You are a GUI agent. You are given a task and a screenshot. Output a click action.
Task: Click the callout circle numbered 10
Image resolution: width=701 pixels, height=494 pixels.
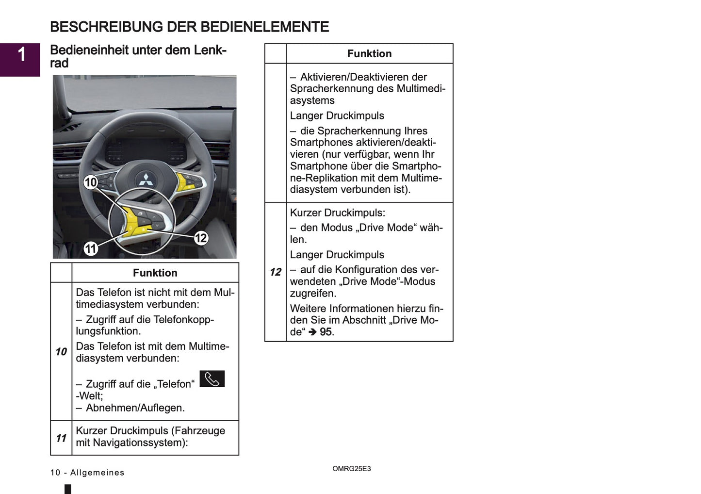[91, 182]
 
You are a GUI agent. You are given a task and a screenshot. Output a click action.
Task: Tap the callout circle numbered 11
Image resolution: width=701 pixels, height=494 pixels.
[91, 249]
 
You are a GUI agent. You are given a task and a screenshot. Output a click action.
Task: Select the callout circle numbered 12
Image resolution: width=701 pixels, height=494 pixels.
[201, 238]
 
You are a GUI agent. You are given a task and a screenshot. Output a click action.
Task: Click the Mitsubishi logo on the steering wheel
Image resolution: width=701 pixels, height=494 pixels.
[145, 180]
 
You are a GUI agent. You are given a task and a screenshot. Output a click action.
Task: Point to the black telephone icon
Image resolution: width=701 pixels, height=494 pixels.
[212, 379]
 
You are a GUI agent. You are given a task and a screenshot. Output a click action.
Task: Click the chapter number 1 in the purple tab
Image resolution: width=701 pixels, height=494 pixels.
[21, 55]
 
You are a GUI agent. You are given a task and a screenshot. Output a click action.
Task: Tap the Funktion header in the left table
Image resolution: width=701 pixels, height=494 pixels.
[155, 273]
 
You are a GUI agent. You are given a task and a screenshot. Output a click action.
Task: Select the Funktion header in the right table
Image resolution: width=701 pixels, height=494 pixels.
[369, 54]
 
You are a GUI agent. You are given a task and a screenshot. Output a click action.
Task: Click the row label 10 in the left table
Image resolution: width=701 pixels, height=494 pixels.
[61, 351]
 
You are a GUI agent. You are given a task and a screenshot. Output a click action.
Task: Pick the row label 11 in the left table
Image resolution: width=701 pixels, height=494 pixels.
[61, 438]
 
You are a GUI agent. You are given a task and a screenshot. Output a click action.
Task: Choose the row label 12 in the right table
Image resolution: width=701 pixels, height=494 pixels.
[276, 272]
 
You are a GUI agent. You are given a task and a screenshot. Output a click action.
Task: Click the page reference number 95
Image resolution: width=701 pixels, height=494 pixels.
[326, 332]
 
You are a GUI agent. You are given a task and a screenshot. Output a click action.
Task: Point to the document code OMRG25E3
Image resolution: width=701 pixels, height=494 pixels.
[351, 469]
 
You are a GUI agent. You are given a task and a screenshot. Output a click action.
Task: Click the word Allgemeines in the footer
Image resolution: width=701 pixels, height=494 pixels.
[97, 473]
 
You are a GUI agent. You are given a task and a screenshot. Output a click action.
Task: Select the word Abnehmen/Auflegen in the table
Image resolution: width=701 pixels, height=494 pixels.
[135, 408]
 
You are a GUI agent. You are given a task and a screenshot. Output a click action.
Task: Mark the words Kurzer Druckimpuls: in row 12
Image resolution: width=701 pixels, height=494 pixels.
[337, 213]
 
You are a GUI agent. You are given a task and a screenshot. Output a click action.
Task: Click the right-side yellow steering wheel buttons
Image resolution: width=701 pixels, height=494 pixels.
[187, 181]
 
